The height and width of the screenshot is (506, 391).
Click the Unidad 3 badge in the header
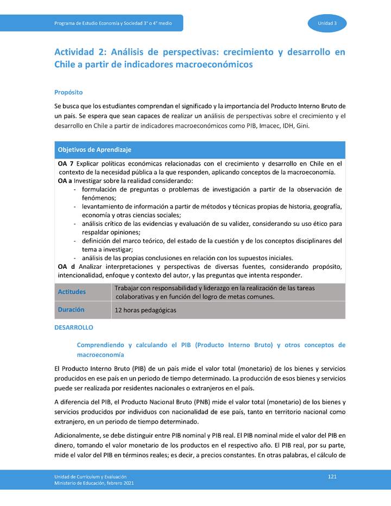[x=327, y=23]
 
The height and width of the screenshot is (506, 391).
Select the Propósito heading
[x=68, y=92]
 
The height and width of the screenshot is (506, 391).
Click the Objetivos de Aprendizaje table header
[x=94, y=150]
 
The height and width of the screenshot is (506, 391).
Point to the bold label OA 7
[x=66, y=163]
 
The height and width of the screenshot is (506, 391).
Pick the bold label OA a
[x=65, y=180]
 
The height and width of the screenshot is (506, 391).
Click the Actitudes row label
[x=72, y=292]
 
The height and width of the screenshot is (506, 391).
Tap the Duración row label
[x=71, y=309]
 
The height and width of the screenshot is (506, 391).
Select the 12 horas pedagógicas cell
[x=146, y=311]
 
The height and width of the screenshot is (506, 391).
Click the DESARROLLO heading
[x=74, y=328]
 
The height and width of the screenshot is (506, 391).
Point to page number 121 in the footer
[x=332, y=476]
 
